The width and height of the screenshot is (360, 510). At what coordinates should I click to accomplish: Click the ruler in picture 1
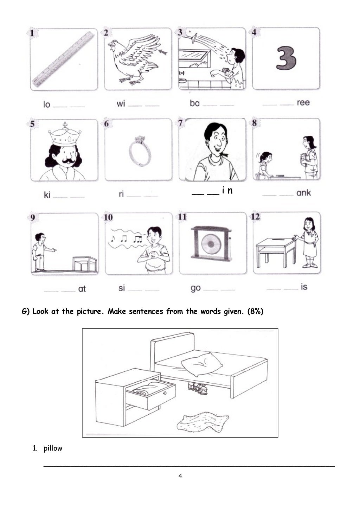(x=64, y=59)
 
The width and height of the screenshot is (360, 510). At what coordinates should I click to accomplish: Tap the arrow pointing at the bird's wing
(x=163, y=52)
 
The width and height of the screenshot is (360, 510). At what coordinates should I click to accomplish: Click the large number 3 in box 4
(x=286, y=58)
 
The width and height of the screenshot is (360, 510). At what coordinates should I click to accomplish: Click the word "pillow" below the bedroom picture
(x=53, y=448)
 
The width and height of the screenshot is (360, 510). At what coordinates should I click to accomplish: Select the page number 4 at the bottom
(x=180, y=476)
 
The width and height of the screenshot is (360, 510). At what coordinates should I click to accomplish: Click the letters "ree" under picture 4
(x=303, y=103)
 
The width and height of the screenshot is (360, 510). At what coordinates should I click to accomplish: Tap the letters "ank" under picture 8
(x=303, y=193)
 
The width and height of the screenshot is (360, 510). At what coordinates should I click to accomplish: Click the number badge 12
(x=256, y=217)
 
